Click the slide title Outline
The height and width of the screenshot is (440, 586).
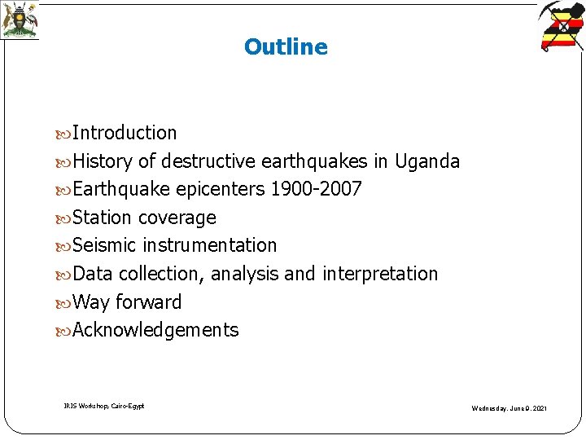(x=286, y=47)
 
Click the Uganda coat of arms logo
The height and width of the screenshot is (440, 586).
(x=19, y=20)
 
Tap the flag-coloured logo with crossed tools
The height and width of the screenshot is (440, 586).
(x=562, y=26)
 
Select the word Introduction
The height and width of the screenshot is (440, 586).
(x=125, y=133)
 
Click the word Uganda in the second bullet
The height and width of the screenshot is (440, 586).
(x=427, y=161)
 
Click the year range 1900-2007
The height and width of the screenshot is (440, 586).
(x=316, y=190)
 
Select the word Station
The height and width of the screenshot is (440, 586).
(x=102, y=218)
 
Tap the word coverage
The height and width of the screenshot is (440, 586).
(x=177, y=218)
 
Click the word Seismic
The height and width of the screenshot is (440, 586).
(x=105, y=245)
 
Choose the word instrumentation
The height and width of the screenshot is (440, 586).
(x=210, y=245)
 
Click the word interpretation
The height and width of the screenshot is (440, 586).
(x=380, y=274)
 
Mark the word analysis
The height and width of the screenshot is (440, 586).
(x=244, y=274)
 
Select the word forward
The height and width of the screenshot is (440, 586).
(x=148, y=302)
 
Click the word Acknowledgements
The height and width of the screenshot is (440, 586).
(x=155, y=330)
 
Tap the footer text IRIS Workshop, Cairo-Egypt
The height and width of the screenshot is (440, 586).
(x=104, y=405)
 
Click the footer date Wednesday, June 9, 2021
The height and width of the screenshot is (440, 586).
(x=509, y=407)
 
